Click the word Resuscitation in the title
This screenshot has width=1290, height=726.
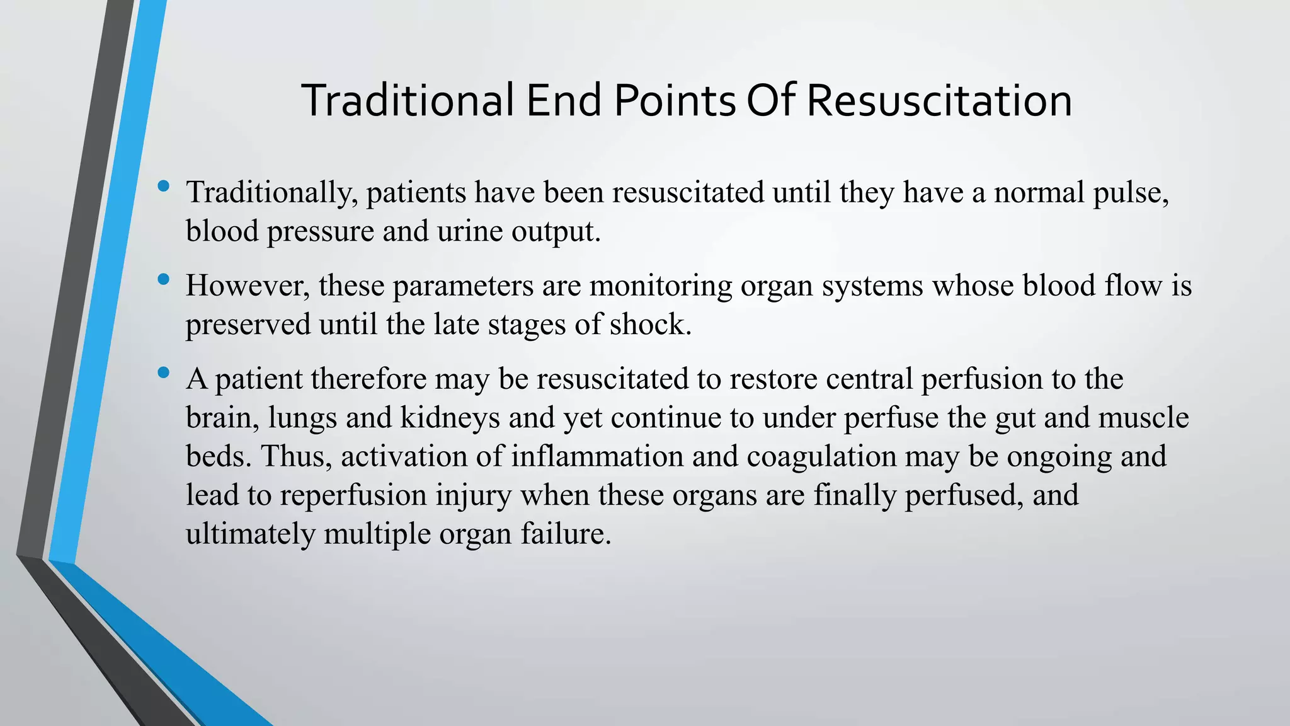[939, 101]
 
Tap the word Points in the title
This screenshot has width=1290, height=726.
[675, 101]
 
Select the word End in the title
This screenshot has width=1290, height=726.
[564, 101]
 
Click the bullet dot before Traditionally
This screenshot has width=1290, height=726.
[164, 186]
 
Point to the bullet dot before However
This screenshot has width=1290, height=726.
[164, 279]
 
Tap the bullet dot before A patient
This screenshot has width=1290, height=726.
[164, 372]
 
